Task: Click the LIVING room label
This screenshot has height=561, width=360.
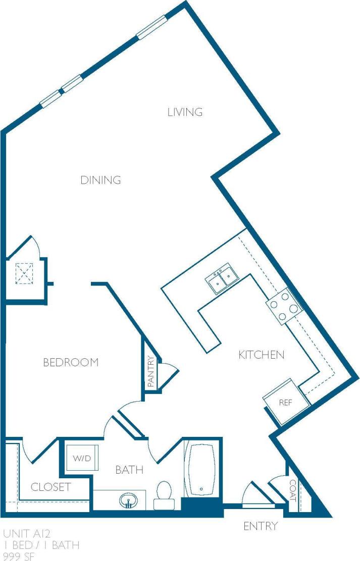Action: (185, 112)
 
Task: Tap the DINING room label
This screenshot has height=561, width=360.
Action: (100, 180)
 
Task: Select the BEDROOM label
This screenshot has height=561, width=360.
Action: (70, 362)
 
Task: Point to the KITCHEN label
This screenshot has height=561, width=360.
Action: (261, 355)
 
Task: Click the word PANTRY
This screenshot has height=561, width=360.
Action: (150, 372)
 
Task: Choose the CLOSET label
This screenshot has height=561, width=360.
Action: (50, 487)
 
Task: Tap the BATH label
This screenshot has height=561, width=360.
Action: (129, 470)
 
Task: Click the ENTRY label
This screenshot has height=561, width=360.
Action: (260, 526)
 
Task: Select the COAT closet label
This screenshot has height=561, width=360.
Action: (292, 490)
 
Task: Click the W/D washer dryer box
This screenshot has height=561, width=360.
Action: (81, 459)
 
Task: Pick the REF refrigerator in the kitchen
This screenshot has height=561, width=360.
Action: (286, 402)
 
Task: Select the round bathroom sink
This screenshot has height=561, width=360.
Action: (129, 501)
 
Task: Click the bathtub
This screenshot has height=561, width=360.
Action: (201, 469)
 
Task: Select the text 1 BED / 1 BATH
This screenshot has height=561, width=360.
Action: (41, 545)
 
